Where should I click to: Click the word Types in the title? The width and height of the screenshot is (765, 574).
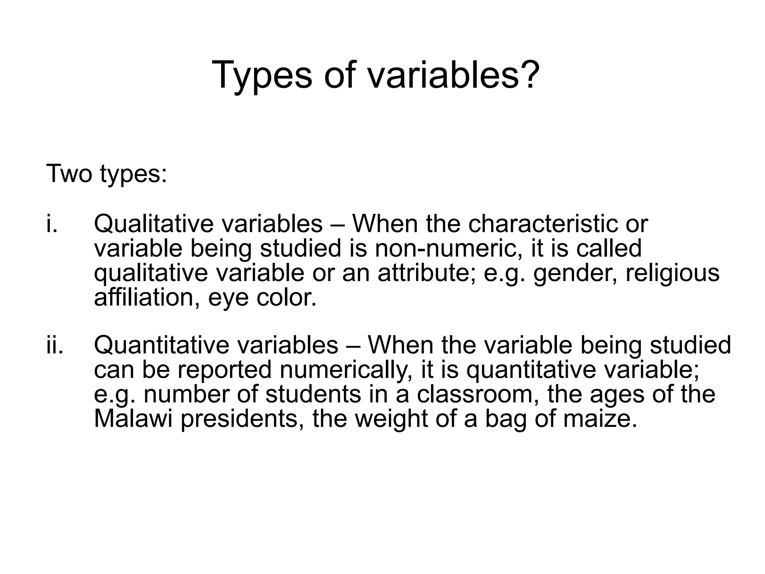(261, 75)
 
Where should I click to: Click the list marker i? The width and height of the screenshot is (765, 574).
(52, 223)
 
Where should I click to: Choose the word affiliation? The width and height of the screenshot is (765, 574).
(147, 297)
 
